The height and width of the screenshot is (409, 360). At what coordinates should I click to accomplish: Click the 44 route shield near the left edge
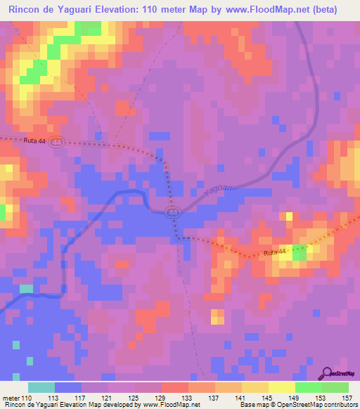click(x=56, y=141)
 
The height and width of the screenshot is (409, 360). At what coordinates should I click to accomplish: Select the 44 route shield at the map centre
click(x=172, y=212)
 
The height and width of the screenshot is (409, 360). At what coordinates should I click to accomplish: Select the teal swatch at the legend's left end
click(x=41, y=387)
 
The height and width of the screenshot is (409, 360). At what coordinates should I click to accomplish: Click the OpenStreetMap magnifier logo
click(x=327, y=373)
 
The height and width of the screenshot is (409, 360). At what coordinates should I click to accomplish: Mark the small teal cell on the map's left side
click(x=26, y=288)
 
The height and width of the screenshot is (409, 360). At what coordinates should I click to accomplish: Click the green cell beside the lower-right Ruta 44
click(x=300, y=254)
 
